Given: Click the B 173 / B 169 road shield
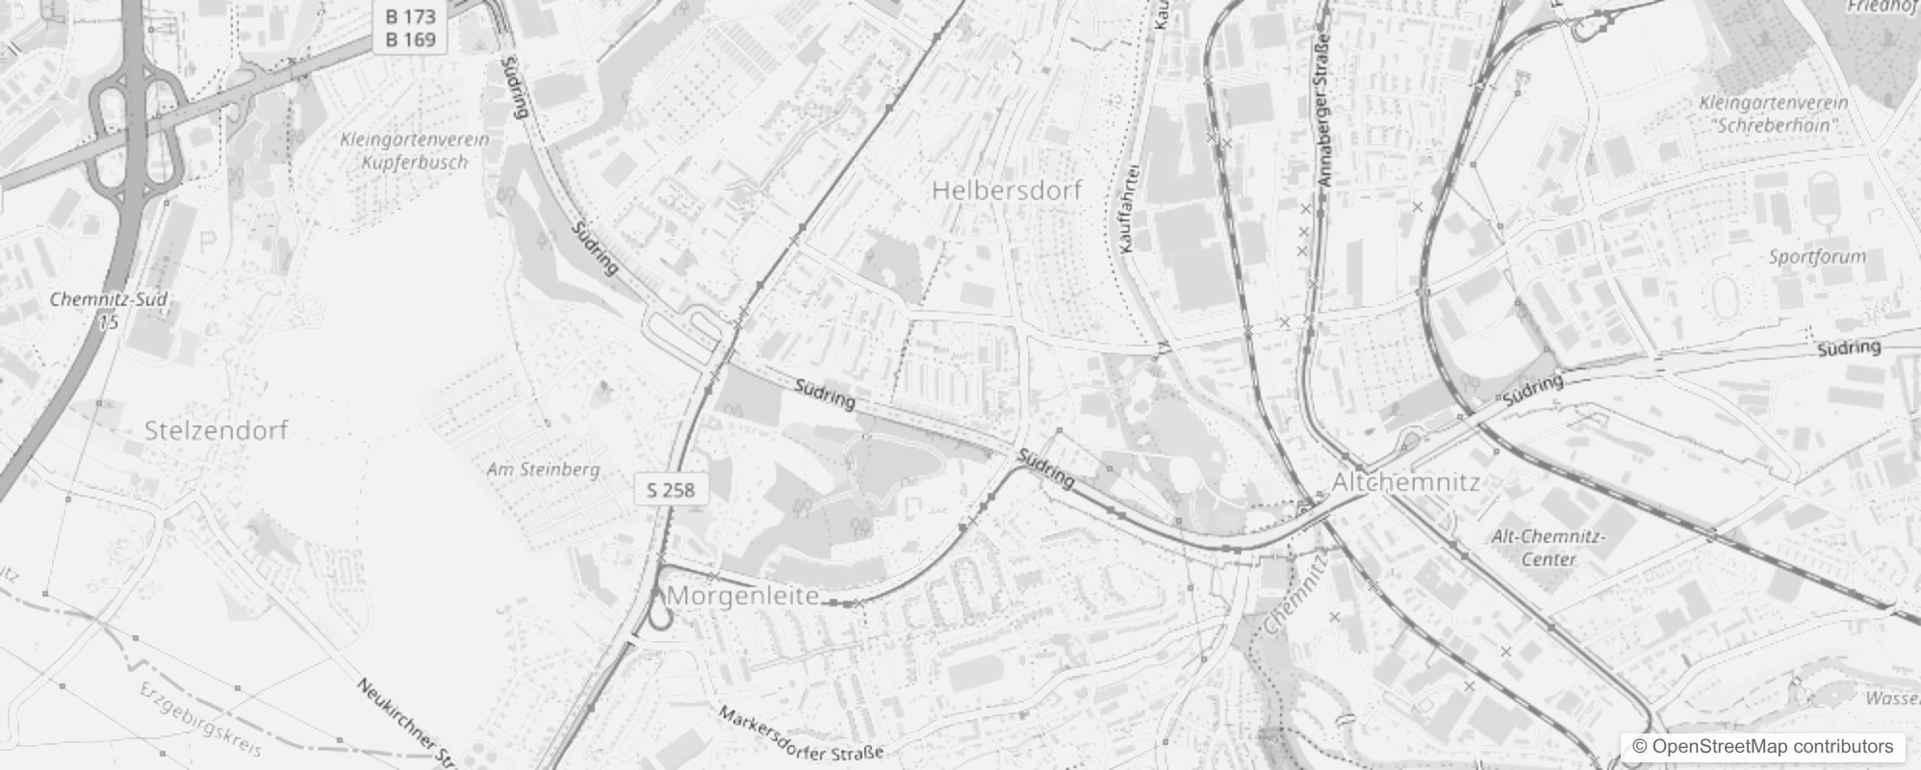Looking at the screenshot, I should (410, 28).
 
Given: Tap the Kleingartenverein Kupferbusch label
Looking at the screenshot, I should (415, 151).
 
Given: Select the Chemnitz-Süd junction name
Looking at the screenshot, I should (109, 299).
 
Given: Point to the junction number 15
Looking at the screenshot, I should (109, 322).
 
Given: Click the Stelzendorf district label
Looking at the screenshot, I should (216, 430).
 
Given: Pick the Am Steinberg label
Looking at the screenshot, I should (543, 470).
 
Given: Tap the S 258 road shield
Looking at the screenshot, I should (671, 490).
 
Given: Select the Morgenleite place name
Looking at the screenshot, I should (742, 596).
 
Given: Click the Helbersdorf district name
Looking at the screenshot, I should (1007, 191).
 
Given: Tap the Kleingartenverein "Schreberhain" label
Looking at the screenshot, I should (1774, 114).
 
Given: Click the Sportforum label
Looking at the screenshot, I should (1817, 257).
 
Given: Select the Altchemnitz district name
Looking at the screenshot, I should (1405, 482).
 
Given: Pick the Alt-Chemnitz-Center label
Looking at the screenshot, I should (1549, 548).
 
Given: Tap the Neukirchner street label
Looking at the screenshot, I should (404, 722).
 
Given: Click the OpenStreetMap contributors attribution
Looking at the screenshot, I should (1762, 747).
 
